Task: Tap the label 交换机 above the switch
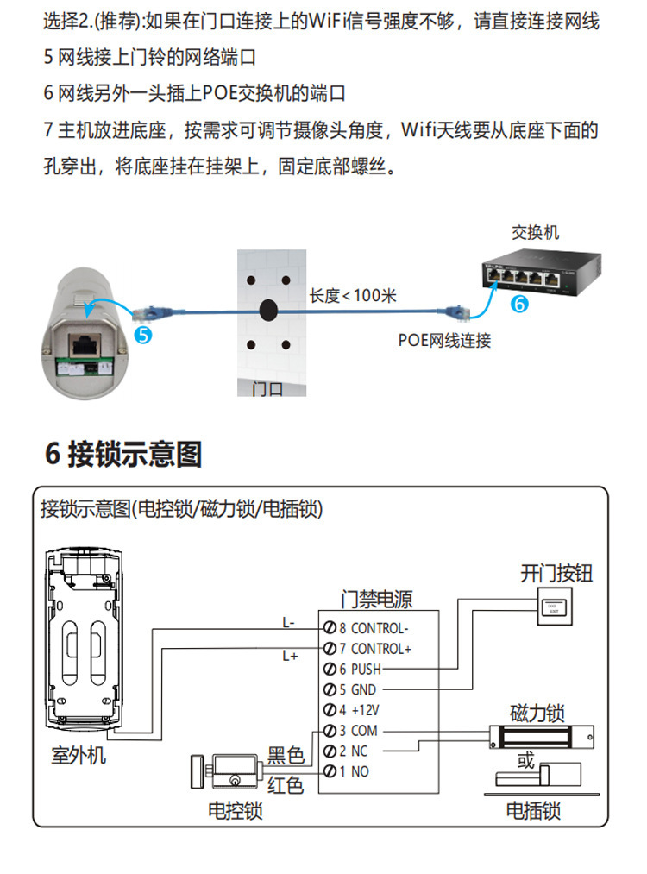tap(535, 232)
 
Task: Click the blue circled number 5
tap(144, 333)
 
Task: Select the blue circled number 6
tap(518, 303)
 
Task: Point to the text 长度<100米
tap(353, 296)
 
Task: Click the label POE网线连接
tap(444, 340)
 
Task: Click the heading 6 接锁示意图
tap(123, 454)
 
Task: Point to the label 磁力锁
tap(537, 714)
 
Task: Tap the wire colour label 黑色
tap(286, 756)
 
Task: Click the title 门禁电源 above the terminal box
tap(377, 598)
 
